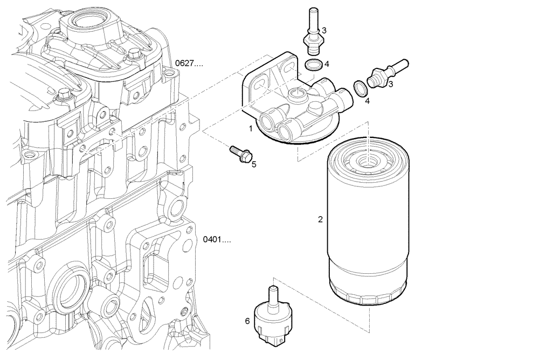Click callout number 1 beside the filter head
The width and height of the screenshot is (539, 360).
250,128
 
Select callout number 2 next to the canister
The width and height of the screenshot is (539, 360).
320,219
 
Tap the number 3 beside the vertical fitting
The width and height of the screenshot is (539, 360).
324,30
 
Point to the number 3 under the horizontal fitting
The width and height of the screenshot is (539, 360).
390,84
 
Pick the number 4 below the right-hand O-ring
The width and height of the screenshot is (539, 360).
367,100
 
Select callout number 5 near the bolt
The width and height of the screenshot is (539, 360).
254,164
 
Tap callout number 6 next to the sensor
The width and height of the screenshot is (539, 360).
247,321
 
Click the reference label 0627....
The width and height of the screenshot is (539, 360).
189,64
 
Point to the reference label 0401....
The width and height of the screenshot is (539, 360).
217,239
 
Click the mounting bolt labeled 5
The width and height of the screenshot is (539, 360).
240,154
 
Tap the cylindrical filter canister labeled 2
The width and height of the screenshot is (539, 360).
368,232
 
